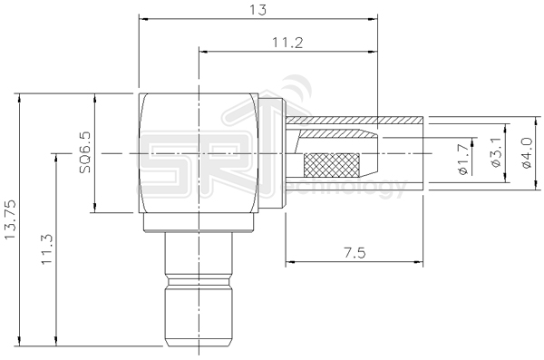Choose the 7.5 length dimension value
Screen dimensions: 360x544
coord(355,255)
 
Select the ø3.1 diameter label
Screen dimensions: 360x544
coord(494,155)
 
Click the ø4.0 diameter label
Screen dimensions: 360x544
coord(526,154)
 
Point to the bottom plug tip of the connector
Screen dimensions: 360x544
coord(198,317)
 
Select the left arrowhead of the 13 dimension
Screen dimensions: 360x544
coord(142,18)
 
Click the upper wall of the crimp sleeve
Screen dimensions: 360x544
coord(354,121)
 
